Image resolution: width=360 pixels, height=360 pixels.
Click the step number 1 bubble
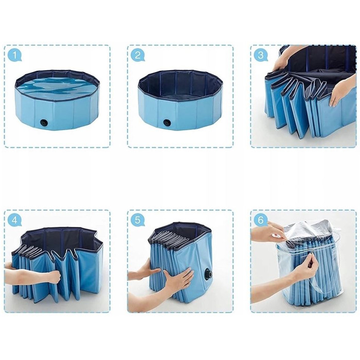click(15, 56)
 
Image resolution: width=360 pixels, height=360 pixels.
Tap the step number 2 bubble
click(138, 56)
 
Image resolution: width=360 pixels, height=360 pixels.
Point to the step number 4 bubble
click(15, 220)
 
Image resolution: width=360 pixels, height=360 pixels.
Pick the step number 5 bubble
click(138, 220)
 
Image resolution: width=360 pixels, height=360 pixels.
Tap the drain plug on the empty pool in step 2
click(167, 122)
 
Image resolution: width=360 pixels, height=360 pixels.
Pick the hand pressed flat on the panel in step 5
click(178, 279)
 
